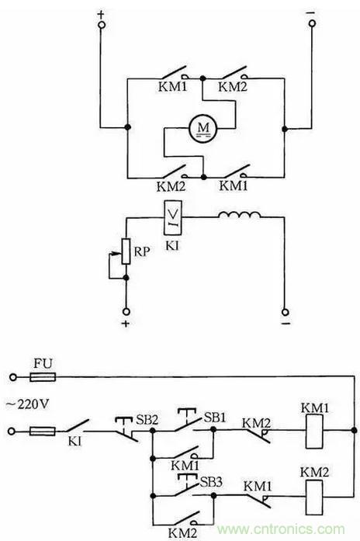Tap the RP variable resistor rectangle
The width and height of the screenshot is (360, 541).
pyautogui.click(x=126, y=251)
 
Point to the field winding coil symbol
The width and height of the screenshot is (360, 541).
pyautogui.click(x=239, y=215)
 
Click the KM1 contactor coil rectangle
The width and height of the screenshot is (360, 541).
pyautogui.click(x=314, y=432)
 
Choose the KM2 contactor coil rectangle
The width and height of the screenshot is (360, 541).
pyautogui.click(x=314, y=497)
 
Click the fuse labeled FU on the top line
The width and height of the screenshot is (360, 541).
pyautogui.click(x=43, y=377)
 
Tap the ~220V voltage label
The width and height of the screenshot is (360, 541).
pyautogui.click(x=27, y=404)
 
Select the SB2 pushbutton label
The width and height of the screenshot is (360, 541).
pyautogui.click(x=147, y=420)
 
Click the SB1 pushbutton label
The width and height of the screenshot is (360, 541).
pyautogui.click(x=215, y=418)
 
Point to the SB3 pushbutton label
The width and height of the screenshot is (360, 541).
pyautogui.click(x=211, y=482)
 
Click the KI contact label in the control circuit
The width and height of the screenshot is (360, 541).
pyautogui.click(x=74, y=442)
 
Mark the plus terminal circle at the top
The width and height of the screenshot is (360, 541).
pyautogui.click(x=102, y=25)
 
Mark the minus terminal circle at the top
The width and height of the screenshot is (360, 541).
pyautogui.click(x=312, y=23)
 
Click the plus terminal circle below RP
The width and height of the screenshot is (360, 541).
pyautogui.click(x=126, y=311)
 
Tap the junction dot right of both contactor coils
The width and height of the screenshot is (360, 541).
pyautogui.click(x=354, y=430)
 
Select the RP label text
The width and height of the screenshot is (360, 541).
pyautogui.click(x=142, y=251)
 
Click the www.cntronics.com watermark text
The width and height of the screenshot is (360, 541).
pyautogui.click(x=281, y=529)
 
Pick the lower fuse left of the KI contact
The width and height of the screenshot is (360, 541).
pyautogui.click(x=43, y=431)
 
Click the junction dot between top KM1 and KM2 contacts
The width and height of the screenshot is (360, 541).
pyautogui.click(x=202, y=78)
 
